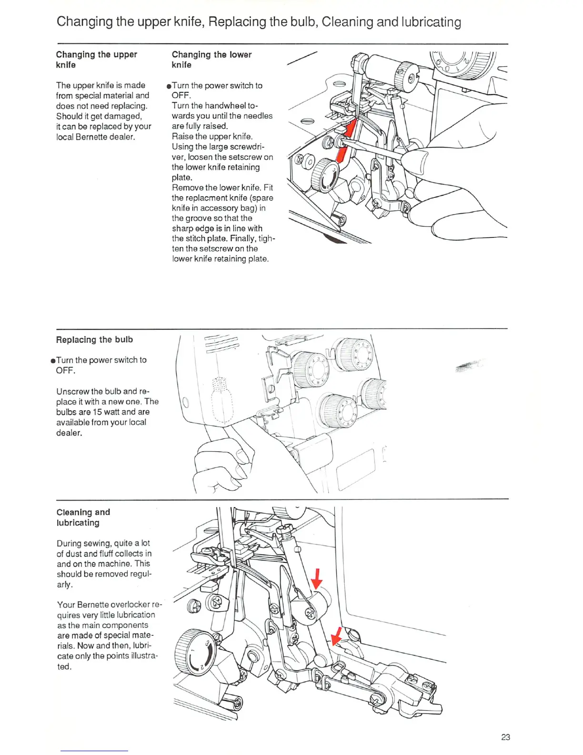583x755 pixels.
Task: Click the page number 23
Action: pyautogui.click(x=505, y=737)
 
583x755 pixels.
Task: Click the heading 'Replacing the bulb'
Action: pyautogui.click(x=94, y=339)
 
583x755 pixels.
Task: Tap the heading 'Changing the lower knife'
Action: pyautogui.click(x=211, y=60)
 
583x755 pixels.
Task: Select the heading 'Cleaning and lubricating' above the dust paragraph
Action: pyautogui.click(x=83, y=517)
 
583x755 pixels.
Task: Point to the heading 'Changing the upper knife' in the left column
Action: pyautogui.click(x=96, y=60)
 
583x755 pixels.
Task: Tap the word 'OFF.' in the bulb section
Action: pyautogui.click(x=65, y=370)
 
